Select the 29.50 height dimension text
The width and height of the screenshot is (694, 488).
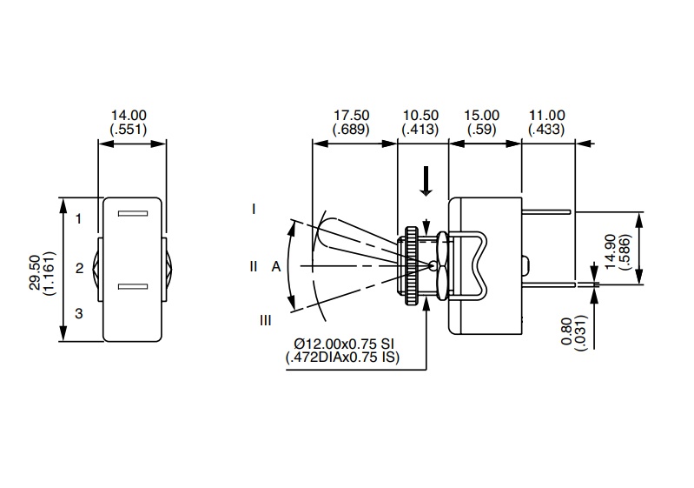pos(34,272)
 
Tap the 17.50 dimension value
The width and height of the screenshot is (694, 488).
pos(351,115)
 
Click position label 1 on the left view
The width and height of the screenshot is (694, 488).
pos(78,218)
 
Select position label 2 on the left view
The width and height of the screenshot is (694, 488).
pos(78,268)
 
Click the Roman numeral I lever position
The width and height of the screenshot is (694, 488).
pos(254,209)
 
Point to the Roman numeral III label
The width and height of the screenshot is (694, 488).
pos(266,320)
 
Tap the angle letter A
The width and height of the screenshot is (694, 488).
pos(275,267)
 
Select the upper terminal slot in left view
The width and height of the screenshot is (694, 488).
pos(133,214)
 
